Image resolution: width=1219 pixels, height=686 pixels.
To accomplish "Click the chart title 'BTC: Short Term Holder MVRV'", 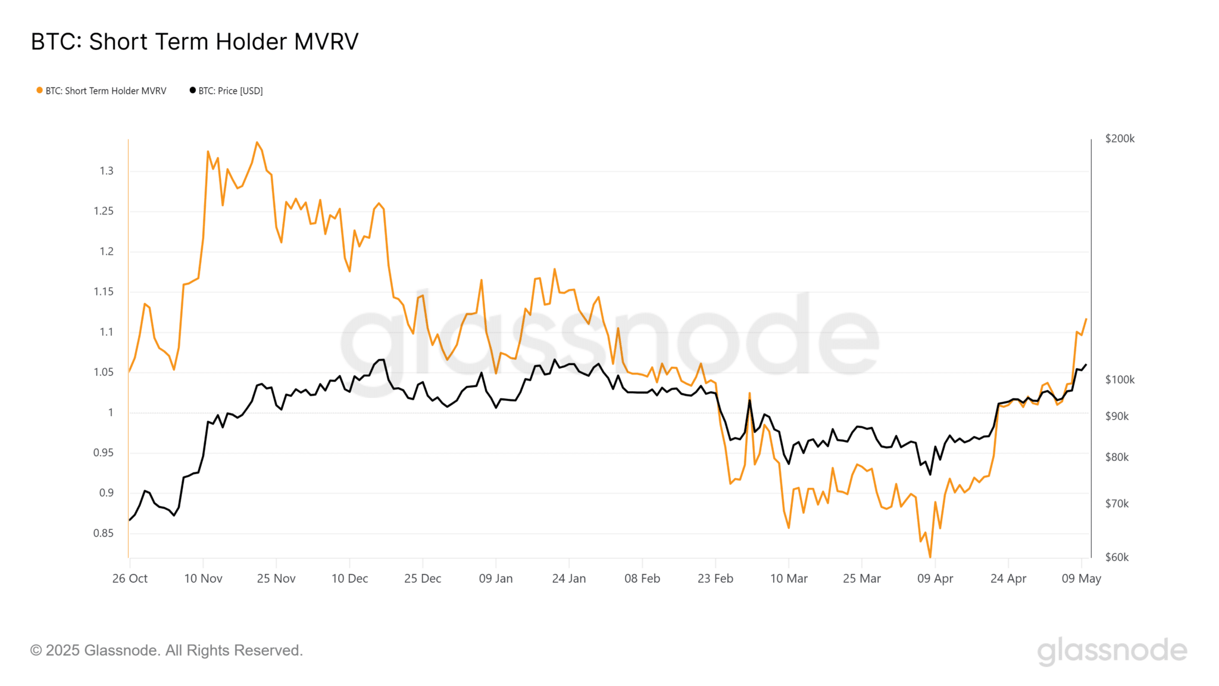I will click(195, 42).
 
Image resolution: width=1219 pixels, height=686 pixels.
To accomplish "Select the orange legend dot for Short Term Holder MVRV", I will click(39, 91).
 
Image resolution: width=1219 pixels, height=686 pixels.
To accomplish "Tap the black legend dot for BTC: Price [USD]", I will click(192, 91).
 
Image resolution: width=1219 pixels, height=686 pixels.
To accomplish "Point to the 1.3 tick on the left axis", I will click(106, 171).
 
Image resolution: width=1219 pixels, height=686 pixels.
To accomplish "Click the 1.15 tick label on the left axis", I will click(104, 292).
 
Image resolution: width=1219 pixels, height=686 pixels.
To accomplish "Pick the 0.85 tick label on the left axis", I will click(104, 533).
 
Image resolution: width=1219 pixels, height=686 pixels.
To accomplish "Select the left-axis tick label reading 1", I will click(110, 412).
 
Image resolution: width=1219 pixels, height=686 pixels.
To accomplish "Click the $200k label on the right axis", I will click(1120, 139).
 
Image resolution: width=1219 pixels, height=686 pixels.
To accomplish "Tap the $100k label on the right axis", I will click(1120, 380).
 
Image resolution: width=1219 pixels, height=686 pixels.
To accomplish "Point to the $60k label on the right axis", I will click(1117, 557).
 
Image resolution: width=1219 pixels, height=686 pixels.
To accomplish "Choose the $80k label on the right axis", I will click(1117, 457).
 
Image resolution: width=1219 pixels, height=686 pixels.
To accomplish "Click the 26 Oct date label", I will click(130, 578).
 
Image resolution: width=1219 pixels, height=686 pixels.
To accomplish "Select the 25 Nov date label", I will click(276, 578).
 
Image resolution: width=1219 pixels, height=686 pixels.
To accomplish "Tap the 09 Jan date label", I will click(496, 578).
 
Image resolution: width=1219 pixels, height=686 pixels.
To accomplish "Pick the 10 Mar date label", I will click(789, 578).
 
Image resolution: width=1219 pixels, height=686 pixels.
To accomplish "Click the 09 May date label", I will click(1082, 578).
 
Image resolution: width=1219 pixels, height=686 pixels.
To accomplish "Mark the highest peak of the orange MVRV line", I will click(257, 142).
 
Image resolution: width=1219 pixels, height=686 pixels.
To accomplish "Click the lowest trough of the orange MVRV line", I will click(930, 557).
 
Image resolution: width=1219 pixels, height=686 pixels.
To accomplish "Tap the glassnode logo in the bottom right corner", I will click(1112, 651).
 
